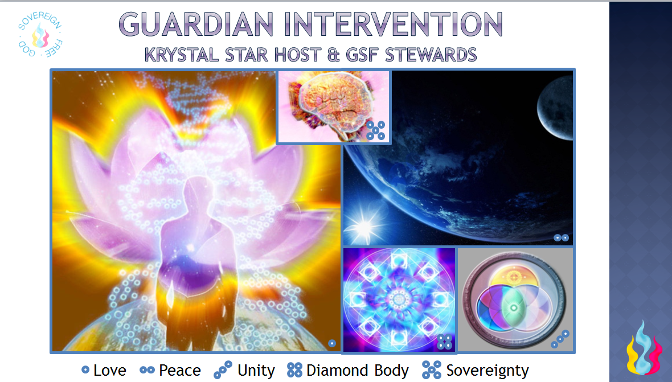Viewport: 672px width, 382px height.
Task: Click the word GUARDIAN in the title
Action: (196, 24)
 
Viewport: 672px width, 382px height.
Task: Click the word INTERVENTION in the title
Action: (393, 24)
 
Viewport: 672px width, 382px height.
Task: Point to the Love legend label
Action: (110, 371)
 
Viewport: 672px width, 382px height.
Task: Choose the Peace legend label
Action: (179, 371)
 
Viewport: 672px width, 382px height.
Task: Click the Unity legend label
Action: (256, 371)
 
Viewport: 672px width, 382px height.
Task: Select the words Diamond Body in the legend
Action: (358, 371)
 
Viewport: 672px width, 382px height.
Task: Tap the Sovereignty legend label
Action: (487, 371)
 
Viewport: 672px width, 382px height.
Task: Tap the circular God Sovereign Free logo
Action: (40, 34)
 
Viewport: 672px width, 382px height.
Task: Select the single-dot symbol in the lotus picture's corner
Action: (331, 343)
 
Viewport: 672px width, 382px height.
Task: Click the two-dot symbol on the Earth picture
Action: (561, 237)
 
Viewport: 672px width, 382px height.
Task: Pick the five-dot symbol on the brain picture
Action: (375, 130)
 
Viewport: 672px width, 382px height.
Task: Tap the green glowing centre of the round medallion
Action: (513, 307)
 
